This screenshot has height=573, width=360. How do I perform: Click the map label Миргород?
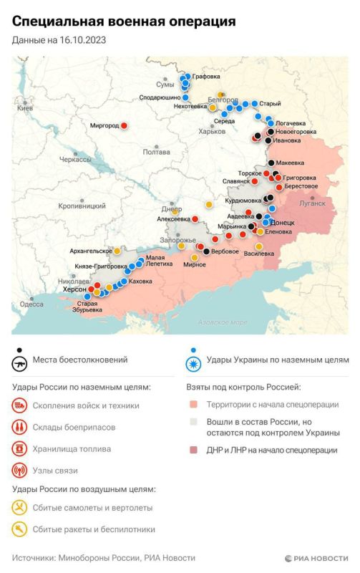coord(104,125)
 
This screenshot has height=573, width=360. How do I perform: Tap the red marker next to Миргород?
coord(125,125)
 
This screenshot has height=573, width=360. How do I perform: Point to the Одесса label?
coord(31,304)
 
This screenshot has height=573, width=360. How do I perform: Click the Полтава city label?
coord(157,152)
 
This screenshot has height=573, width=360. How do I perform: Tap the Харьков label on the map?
coord(211,131)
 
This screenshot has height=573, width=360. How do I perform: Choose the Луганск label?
coord(311,203)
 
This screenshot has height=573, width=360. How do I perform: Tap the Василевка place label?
coord(259,253)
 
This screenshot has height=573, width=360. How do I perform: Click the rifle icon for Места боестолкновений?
coord(20,364)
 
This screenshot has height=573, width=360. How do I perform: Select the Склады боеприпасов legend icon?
coord(20,428)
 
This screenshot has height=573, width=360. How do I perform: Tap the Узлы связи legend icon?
coord(20,471)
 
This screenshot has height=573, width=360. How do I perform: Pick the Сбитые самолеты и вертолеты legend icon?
coord(20,509)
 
